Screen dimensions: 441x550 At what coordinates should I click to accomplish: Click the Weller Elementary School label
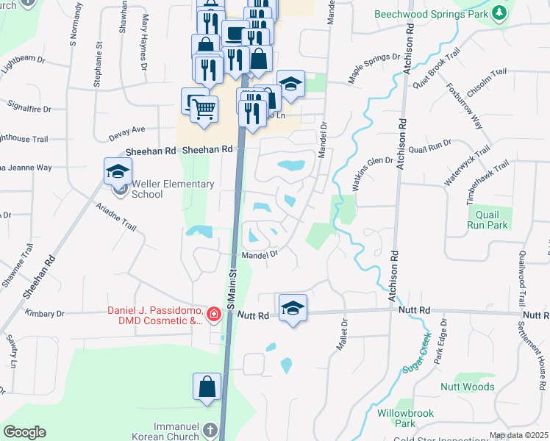point(172,189)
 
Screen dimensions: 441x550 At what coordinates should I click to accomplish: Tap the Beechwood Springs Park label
point(432,14)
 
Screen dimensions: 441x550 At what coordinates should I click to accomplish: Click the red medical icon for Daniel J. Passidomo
point(213,315)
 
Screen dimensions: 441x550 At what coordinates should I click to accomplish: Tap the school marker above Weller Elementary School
point(117,172)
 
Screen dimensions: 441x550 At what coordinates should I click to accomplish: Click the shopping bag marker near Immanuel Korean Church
point(207,386)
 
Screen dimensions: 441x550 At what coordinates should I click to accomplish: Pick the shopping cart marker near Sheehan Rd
point(204,110)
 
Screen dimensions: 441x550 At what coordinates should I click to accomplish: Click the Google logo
point(24,432)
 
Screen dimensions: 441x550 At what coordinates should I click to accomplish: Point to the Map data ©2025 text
point(518,435)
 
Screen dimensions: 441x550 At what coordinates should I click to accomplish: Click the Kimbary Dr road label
point(45,313)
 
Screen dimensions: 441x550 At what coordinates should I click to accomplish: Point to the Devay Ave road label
point(127,130)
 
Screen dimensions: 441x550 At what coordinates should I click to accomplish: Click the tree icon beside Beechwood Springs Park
point(500,13)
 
